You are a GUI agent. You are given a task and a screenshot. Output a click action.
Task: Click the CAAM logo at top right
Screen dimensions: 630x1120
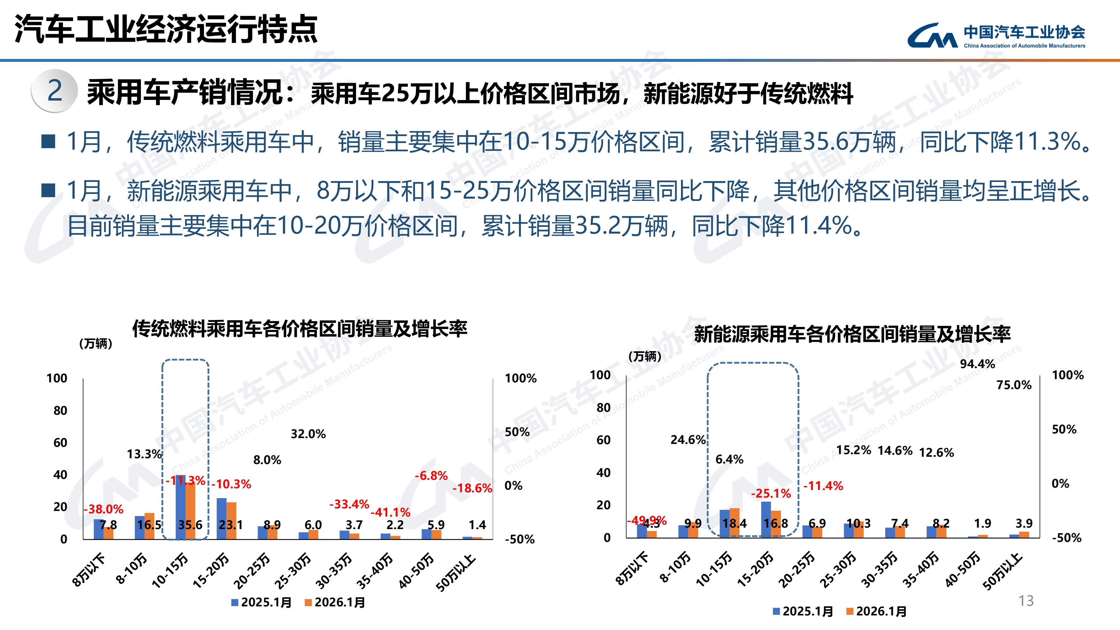coord(996,36)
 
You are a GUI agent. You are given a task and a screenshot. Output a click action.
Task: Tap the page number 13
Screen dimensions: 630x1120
coord(1026,601)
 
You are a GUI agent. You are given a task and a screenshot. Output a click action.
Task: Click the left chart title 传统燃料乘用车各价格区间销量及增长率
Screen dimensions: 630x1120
coord(300,329)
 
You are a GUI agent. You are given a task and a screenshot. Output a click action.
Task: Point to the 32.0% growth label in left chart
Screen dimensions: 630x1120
coord(308,434)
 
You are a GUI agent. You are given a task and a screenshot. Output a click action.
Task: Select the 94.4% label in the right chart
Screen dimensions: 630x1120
coord(977,364)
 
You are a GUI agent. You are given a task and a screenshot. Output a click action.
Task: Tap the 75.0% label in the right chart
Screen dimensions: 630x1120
coord(1014,385)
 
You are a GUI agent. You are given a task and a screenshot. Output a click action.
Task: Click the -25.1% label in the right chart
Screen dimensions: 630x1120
coord(771,494)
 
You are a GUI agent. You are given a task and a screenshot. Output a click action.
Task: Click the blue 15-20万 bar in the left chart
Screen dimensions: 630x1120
coord(221,518)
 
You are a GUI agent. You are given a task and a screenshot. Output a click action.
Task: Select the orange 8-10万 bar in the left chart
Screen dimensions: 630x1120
coord(149,526)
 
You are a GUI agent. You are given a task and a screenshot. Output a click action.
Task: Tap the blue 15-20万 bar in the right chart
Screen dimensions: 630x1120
coord(766,519)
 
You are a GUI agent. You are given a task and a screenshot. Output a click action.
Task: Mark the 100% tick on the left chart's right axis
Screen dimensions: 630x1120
coord(520,378)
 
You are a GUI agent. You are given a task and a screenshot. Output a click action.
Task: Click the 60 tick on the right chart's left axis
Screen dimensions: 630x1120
coord(603,440)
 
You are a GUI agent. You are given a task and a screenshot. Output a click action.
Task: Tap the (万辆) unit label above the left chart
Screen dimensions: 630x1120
coord(96,344)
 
